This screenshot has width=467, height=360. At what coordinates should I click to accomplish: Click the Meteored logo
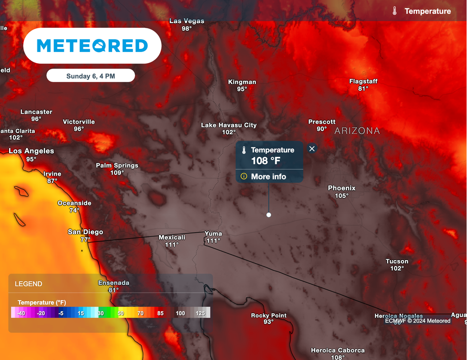pos(92,46)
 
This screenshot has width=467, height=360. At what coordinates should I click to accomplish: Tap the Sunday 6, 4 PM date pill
pos(91,76)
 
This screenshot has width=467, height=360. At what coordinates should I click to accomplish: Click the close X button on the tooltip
pos(312,149)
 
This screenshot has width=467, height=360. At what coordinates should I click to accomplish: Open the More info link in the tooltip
pos(269,177)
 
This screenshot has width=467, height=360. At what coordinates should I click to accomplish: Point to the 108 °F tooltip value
pos(266,161)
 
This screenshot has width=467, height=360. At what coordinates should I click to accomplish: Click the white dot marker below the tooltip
pos(269,214)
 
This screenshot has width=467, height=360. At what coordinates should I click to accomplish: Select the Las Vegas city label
pos(187,21)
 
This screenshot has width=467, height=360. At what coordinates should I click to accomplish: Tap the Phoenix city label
pos(342,188)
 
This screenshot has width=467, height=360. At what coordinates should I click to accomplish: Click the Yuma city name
pos(213,234)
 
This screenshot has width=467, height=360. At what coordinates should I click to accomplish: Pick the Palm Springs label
pos(117,166)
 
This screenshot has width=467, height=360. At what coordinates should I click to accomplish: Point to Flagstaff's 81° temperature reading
pos(363,89)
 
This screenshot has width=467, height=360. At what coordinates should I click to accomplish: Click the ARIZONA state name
pos(357,131)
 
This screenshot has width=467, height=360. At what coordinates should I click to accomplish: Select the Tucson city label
pos(397,261)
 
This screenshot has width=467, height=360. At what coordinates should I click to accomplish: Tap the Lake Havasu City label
pos(229,125)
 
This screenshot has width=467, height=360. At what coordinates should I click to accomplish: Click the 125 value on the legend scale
pos(200,313)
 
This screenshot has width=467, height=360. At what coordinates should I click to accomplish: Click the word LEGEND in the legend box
pos(28,284)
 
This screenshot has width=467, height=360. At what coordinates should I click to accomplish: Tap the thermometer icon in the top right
pos(394,11)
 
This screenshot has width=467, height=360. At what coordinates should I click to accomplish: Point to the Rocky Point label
pos(269,315)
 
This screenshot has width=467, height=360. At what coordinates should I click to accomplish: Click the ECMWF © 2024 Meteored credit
pos(417,321)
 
